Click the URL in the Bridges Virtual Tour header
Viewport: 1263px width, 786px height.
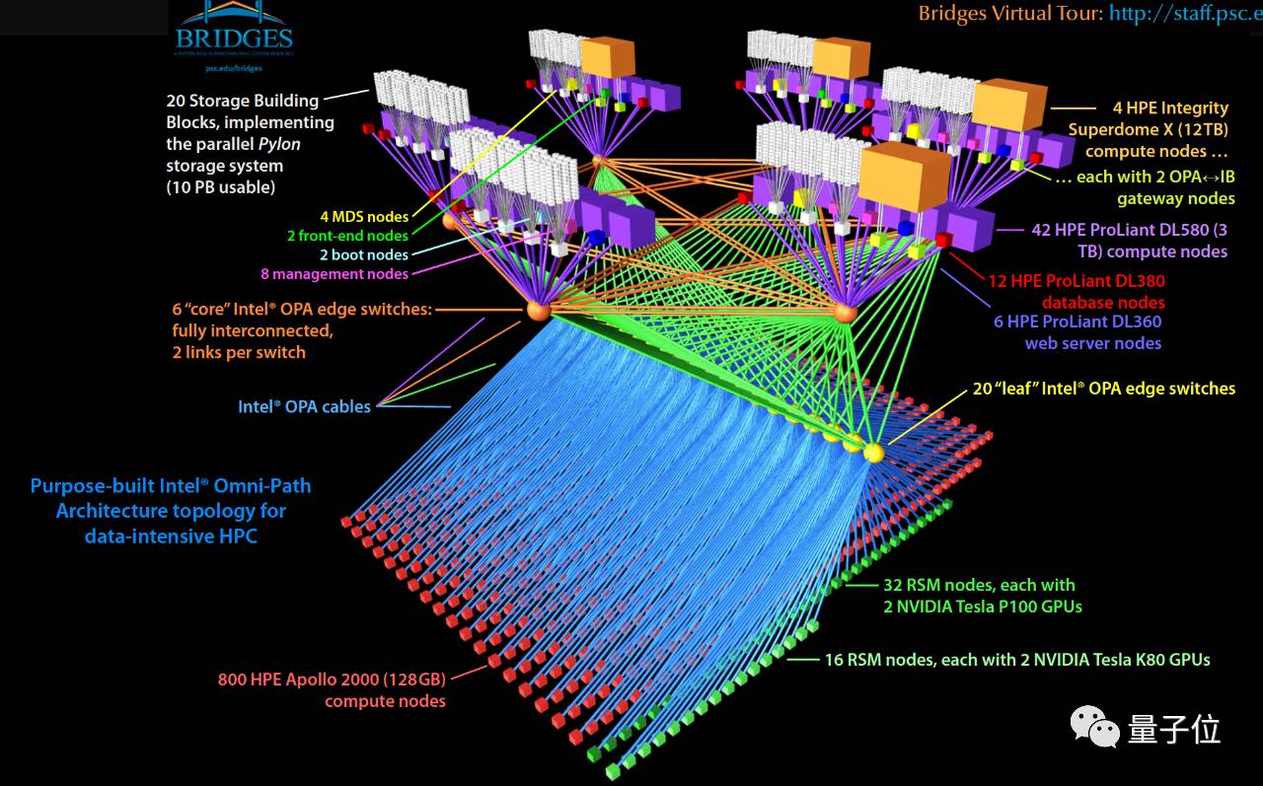pyautogui.click(x=1185, y=13)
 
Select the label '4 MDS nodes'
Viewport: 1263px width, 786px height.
pyautogui.click(x=363, y=216)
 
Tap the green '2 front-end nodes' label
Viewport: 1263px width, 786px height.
pyautogui.click(x=347, y=236)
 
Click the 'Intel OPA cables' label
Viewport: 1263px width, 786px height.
pyautogui.click(x=304, y=406)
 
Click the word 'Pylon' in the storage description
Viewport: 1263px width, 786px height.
pyautogui.click(x=279, y=144)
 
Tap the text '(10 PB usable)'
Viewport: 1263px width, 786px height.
pyautogui.click(x=220, y=187)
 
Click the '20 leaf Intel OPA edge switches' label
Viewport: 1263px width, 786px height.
pyautogui.click(x=1103, y=389)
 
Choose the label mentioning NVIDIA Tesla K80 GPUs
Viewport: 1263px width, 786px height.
pyautogui.click(x=1016, y=659)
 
